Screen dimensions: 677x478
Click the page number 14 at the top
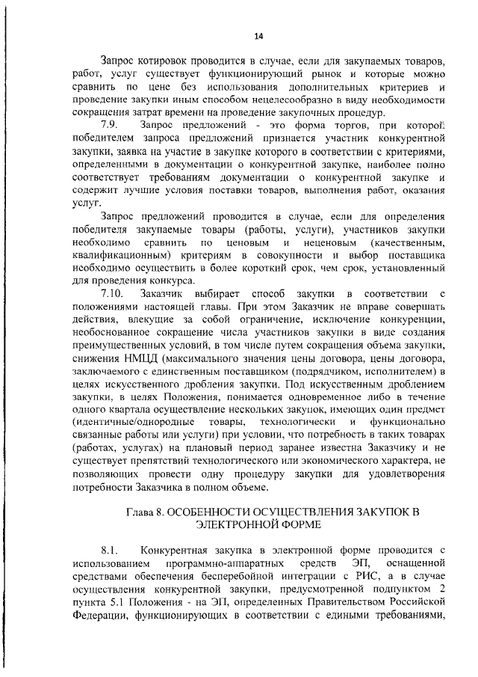[258, 35]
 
